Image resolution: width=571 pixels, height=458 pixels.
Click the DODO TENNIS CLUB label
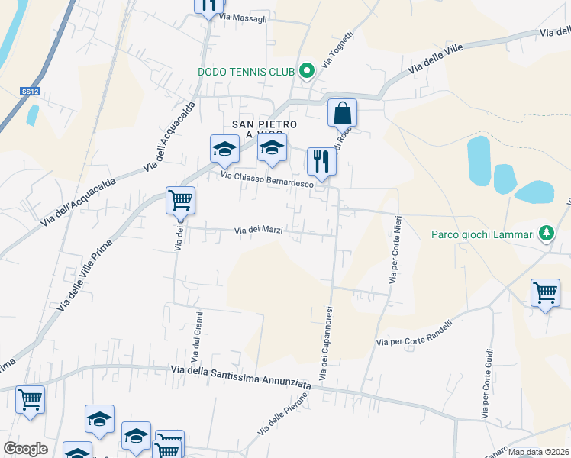click(x=246, y=73)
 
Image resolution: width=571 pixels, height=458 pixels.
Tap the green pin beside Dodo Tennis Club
click(x=307, y=72)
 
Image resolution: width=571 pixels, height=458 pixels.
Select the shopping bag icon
click(x=343, y=113)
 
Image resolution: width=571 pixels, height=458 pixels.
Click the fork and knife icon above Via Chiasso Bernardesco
click(x=321, y=162)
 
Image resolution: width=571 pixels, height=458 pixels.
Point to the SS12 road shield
click(x=30, y=92)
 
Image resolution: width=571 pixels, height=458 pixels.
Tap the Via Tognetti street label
click(x=337, y=49)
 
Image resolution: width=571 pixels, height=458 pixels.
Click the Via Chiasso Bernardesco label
click(x=267, y=179)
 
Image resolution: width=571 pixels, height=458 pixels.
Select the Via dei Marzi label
click(x=259, y=229)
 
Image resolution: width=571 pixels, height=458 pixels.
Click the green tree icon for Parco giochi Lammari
click(x=547, y=232)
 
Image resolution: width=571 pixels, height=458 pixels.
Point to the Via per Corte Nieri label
click(x=395, y=250)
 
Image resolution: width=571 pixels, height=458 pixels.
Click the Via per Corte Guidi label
click(x=487, y=384)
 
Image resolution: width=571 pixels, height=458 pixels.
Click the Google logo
click(x=26, y=449)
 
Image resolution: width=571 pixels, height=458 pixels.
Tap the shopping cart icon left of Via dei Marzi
click(x=180, y=201)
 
